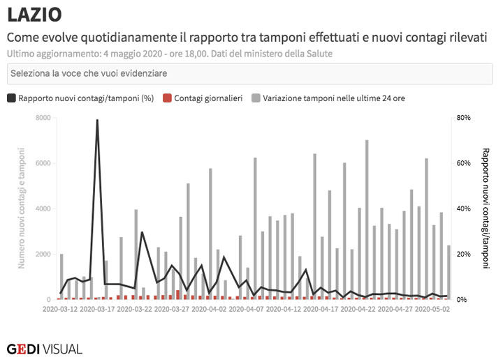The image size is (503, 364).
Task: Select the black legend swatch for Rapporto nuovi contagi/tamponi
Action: (11, 98)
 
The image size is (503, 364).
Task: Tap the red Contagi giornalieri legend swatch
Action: (166, 98)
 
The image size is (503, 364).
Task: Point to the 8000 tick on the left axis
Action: (43, 118)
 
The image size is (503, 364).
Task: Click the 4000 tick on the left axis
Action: (43, 208)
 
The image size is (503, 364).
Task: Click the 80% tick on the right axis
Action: (464, 118)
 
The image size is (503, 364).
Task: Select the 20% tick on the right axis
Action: (464, 254)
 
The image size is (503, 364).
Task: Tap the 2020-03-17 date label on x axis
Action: (98, 308)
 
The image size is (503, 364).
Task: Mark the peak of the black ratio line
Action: (97, 120)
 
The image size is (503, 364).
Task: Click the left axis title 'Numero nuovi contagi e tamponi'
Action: (22, 208)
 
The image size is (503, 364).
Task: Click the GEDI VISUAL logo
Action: (44, 349)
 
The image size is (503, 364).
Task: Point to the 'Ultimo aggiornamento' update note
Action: (170, 53)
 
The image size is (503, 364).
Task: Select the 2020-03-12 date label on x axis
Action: (61, 308)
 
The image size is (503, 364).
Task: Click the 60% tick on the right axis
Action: (464, 163)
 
